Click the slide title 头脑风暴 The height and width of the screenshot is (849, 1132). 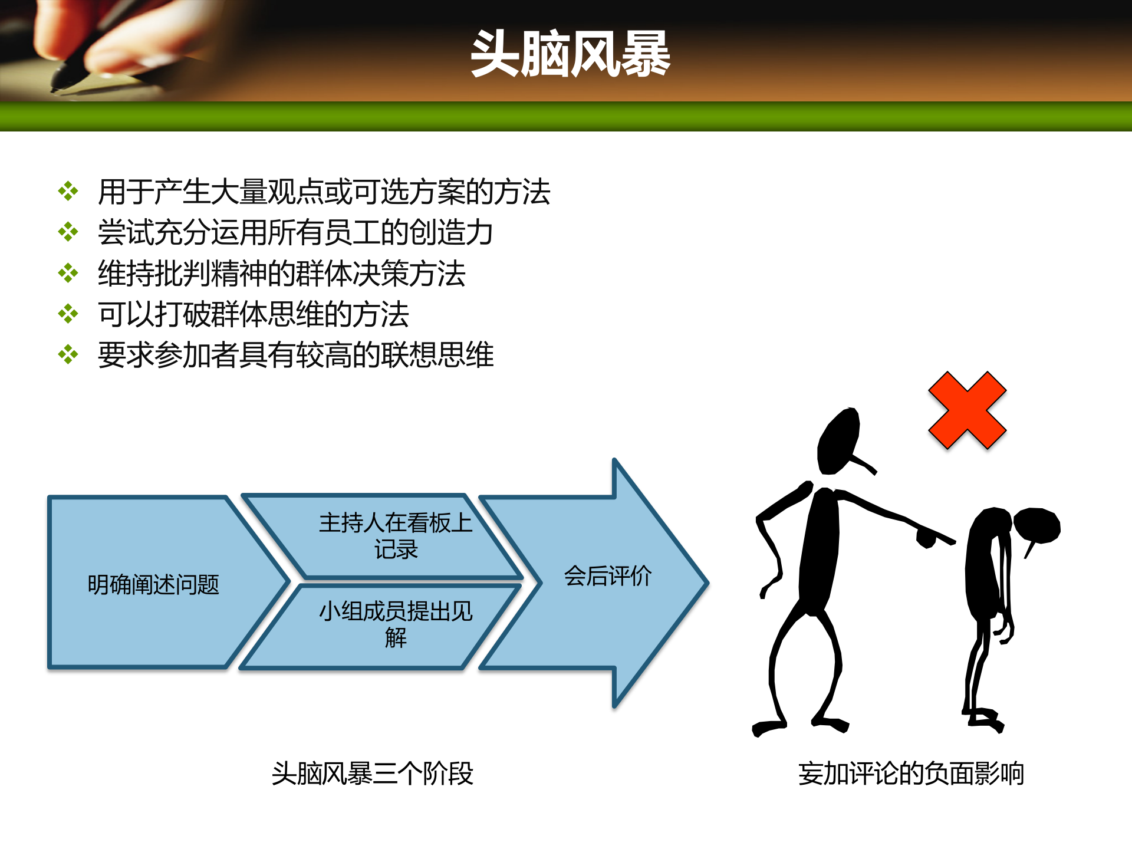point(570,54)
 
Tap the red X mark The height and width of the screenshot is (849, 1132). point(967,410)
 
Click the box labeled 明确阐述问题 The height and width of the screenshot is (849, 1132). point(153,584)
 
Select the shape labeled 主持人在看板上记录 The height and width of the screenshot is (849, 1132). point(395,535)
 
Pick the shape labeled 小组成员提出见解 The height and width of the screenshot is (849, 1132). point(395,624)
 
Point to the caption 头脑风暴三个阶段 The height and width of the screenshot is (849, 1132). point(372,774)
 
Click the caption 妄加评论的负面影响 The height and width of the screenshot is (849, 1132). point(911,774)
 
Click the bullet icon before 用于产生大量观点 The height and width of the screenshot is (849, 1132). point(68,192)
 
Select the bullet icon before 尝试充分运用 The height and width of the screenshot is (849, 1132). point(68,232)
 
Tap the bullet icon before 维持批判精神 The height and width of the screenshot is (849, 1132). point(68,273)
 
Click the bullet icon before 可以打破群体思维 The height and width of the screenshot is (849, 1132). point(68,314)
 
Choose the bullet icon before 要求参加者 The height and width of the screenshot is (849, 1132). point(68,354)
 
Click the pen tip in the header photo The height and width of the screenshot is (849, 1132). point(56,88)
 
